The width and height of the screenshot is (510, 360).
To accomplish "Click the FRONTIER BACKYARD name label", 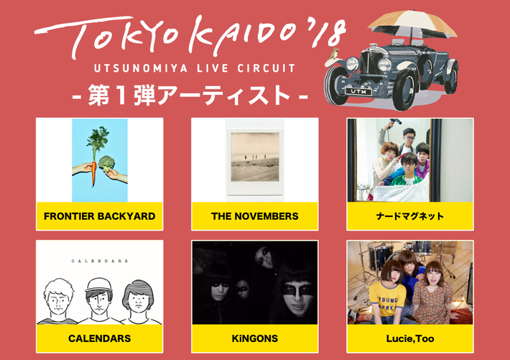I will [x=99, y=216].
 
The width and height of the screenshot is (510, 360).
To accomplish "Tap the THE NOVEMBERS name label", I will [x=254, y=216].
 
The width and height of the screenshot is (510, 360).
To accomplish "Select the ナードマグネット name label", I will [x=410, y=216].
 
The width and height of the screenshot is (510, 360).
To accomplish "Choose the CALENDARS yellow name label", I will [x=99, y=338].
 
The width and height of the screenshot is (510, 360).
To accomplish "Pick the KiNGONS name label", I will [x=254, y=338].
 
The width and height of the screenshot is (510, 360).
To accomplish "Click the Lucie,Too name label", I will [x=410, y=338].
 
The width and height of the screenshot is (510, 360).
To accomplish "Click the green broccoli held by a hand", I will [x=107, y=162].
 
